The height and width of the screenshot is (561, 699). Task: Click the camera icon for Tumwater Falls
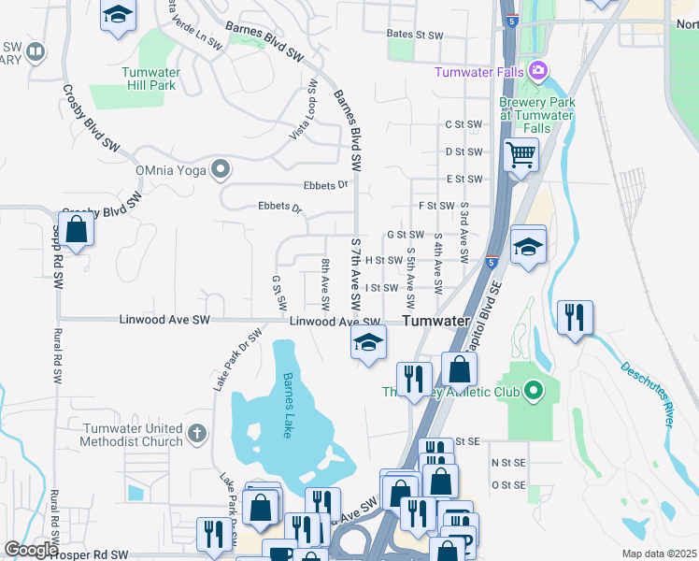pos(537,71)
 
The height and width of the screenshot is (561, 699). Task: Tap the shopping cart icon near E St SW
pos(521,153)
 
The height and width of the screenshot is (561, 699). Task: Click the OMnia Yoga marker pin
pos(221,169)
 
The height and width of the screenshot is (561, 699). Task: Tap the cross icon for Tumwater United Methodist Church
pos(195,433)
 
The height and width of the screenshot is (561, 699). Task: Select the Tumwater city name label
pos(435,321)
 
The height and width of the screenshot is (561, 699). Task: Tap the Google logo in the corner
pos(30,550)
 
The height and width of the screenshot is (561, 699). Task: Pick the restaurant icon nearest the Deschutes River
pos(574,316)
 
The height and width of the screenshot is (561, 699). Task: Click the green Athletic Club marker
pos(534,389)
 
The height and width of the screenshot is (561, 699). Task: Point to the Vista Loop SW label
pos(304,110)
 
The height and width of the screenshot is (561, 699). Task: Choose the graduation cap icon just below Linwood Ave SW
pos(369,341)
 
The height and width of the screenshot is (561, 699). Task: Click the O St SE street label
pos(508,485)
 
